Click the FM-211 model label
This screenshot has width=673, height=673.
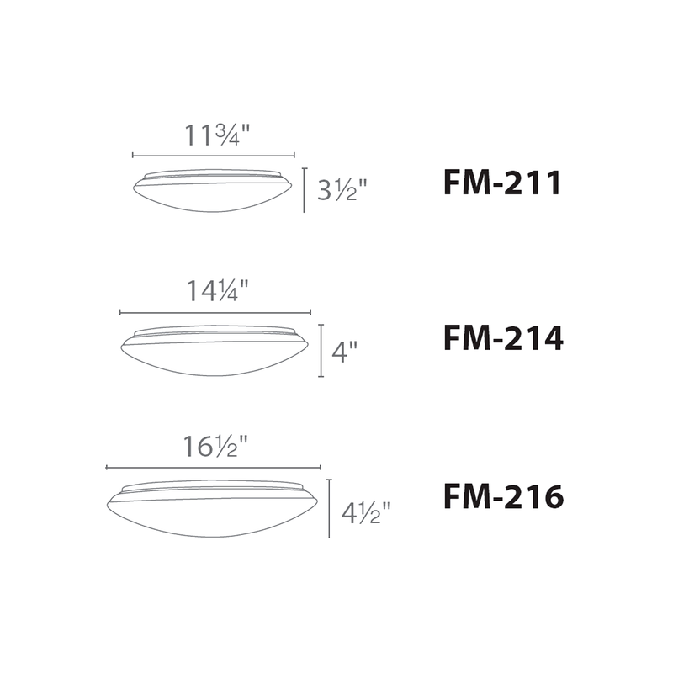tap(502, 183)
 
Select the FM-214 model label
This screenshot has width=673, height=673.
tap(503, 338)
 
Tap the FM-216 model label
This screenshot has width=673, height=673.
tap(503, 496)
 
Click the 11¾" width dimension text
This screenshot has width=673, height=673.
tap(217, 135)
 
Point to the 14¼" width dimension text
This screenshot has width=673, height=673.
tap(218, 290)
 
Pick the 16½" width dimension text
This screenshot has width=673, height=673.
tap(216, 446)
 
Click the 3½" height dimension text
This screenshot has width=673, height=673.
tap(342, 189)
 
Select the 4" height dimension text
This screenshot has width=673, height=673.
tap(344, 352)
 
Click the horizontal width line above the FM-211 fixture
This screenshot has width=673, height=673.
tap(214, 156)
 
